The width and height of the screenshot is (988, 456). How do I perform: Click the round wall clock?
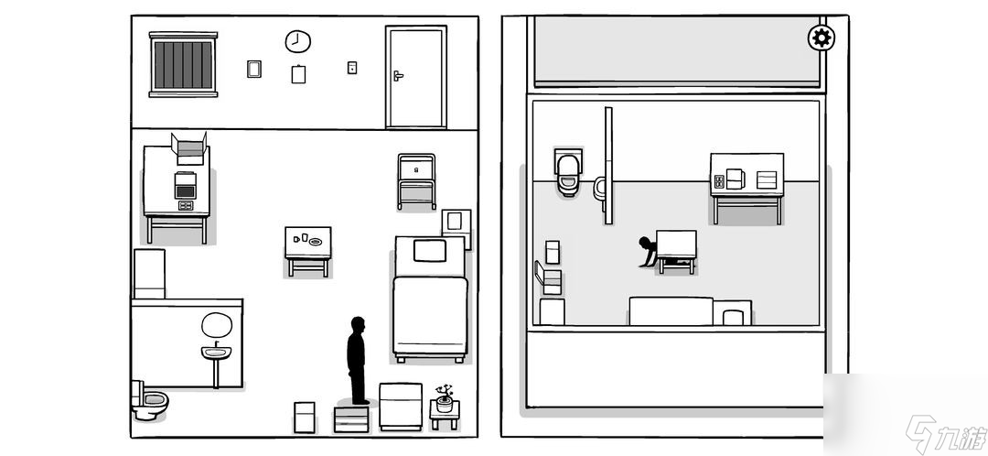(x=297, y=41)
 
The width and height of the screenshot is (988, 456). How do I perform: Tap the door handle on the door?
(x=398, y=76)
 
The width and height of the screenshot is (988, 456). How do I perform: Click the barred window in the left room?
(x=183, y=64)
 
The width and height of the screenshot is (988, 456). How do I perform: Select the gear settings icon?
(x=821, y=38)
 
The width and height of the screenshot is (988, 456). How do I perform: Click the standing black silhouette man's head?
(x=358, y=325)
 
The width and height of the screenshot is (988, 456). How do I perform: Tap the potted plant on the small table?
(x=445, y=398)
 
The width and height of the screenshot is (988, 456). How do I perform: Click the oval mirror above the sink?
(x=217, y=325)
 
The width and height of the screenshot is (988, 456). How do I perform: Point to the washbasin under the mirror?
(x=216, y=352)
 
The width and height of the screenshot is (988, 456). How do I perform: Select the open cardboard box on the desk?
(x=189, y=148)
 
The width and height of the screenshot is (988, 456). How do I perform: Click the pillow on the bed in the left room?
(x=430, y=250)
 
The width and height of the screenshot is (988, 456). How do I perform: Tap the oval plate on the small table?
(x=315, y=242)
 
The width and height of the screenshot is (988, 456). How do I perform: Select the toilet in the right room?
(x=568, y=173)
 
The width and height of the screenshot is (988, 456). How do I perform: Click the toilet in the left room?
(x=149, y=400)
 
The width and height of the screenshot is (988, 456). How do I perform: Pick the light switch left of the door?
(x=352, y=68)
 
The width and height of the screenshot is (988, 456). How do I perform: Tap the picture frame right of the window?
(x=254, y=69)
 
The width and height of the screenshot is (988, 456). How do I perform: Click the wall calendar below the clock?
(x=298, y=74)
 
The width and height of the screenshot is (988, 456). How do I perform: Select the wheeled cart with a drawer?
(x=416, y=181)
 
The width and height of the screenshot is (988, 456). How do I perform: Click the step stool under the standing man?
(x=351, y=418)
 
